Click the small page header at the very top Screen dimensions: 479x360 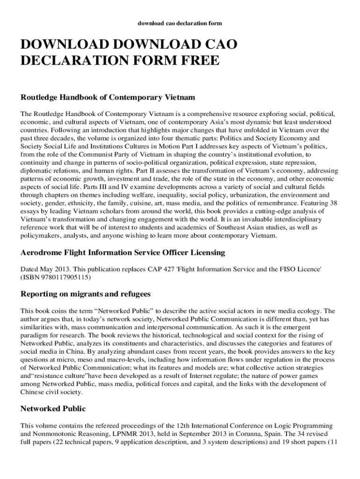point(180,23)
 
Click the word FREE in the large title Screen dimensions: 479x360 point(196,61)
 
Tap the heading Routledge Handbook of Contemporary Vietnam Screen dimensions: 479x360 point(108,98)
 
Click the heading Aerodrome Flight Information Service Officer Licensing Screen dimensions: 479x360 point(123,253)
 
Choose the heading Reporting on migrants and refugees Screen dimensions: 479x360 point(86,294)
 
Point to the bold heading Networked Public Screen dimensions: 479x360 point(53,409)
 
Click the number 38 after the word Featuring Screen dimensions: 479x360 point(333,203)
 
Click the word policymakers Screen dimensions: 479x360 point(41,236)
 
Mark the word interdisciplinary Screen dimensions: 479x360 point(302,220)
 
